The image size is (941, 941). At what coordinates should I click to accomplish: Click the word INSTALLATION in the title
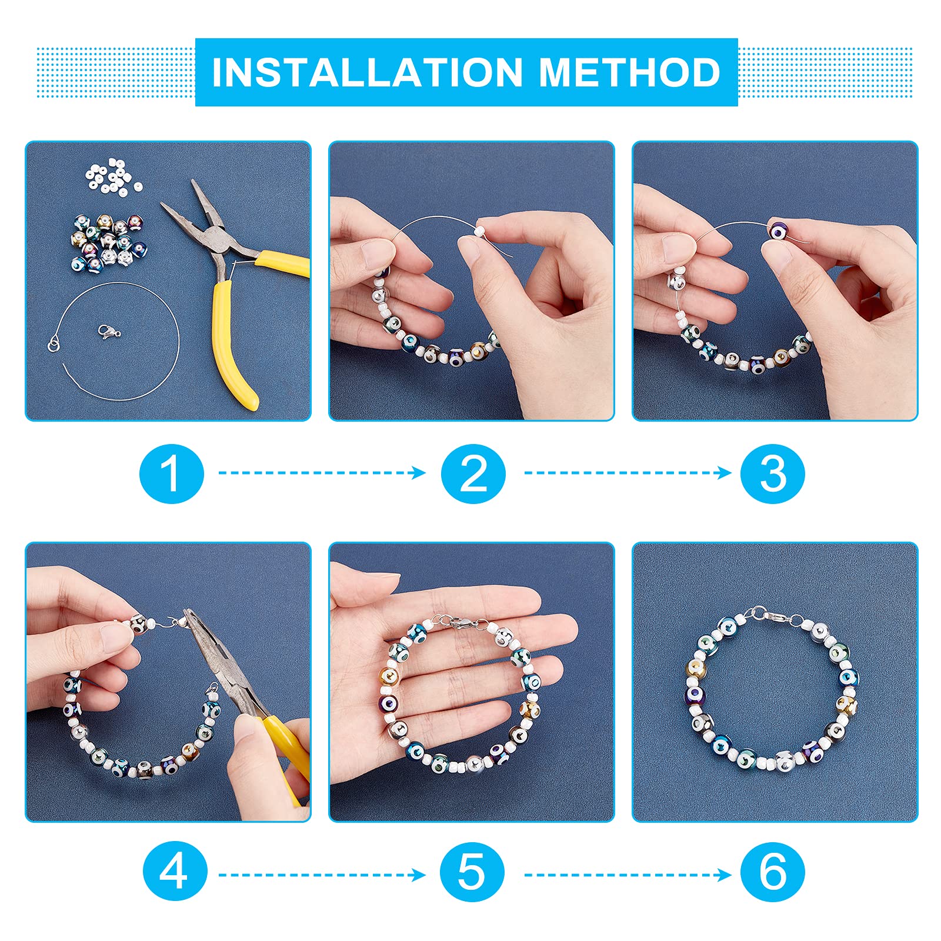[x=368, y=72]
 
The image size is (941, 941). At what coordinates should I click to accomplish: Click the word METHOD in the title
[x=630, y=72]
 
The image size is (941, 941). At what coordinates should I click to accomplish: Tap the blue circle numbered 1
[x=172, y=473]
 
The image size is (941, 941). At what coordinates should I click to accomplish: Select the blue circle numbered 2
[x=473, y=473]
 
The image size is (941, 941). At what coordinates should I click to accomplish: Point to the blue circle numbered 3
[x=773, y=473]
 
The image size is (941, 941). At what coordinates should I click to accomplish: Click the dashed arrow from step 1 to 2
[x=322, y=473]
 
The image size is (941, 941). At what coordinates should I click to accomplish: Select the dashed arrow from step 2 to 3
[x=628, y=473]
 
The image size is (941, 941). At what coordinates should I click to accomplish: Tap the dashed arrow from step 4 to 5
[x=322, y=875]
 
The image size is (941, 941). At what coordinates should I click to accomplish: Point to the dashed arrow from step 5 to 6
[x=628, y=875]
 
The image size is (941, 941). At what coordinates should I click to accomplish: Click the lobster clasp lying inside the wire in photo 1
[x=110, y=332]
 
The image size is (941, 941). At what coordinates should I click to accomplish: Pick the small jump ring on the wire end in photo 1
[x=53, y=343]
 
